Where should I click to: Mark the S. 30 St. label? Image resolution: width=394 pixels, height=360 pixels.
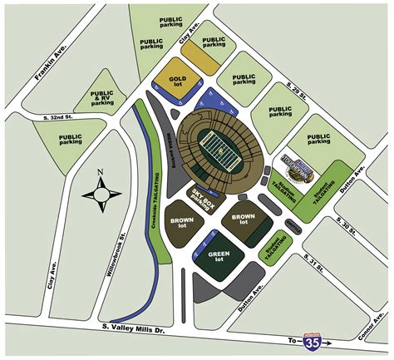tap(344, 225)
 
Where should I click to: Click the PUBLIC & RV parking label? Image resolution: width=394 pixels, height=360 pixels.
tap(103, 97)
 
